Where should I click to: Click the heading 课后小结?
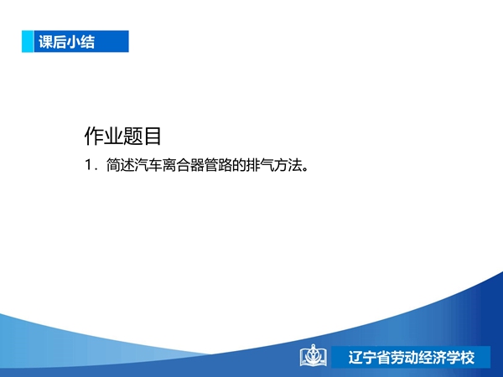pyautogui.click(x=67, y=42)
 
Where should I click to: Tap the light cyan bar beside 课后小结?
pyautogui.click(x=28, y=41)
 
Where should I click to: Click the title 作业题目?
pyautogui.click(x=122, y=136)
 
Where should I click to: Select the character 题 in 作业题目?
pyautogui.click(x=132, y=136)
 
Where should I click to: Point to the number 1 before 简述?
pyautogui.click(x=89, y=165)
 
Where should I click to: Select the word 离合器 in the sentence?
pyautogui.click(x=183, y=165)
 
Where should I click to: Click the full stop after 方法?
pyautogui.click(x=305, y=168)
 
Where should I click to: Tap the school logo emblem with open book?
pyautogui.click(x=314, y=355)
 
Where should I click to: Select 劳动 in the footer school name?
pyautogui.click(x=404, y=357)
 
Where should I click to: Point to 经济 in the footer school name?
pyautogui.click(x=432, y=357)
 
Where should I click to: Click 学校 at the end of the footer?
pyautogui.click(x=460, y=357)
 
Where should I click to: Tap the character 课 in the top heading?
pyautogui.click(x=45, y=42)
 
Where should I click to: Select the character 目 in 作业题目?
pyautogui.click(x=152, y=136)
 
